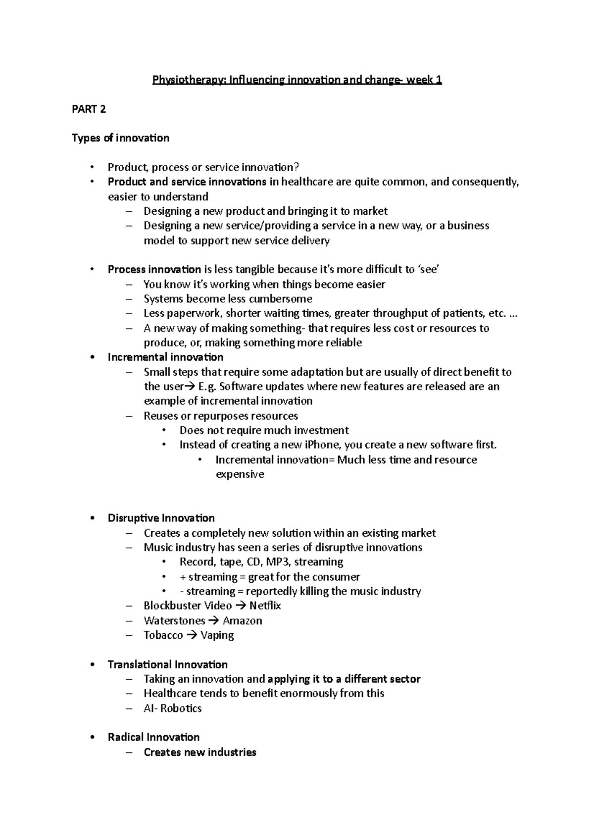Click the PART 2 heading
89,109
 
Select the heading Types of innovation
120,138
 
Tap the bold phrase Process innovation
154,270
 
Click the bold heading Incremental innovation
165,357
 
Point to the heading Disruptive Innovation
161,518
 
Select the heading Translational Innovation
167,664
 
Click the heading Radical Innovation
153,737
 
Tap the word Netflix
265,606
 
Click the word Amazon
242,621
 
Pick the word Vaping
217,635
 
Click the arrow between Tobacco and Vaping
192,635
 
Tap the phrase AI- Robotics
173,708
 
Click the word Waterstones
174,621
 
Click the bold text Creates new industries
200,752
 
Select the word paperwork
189,314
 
